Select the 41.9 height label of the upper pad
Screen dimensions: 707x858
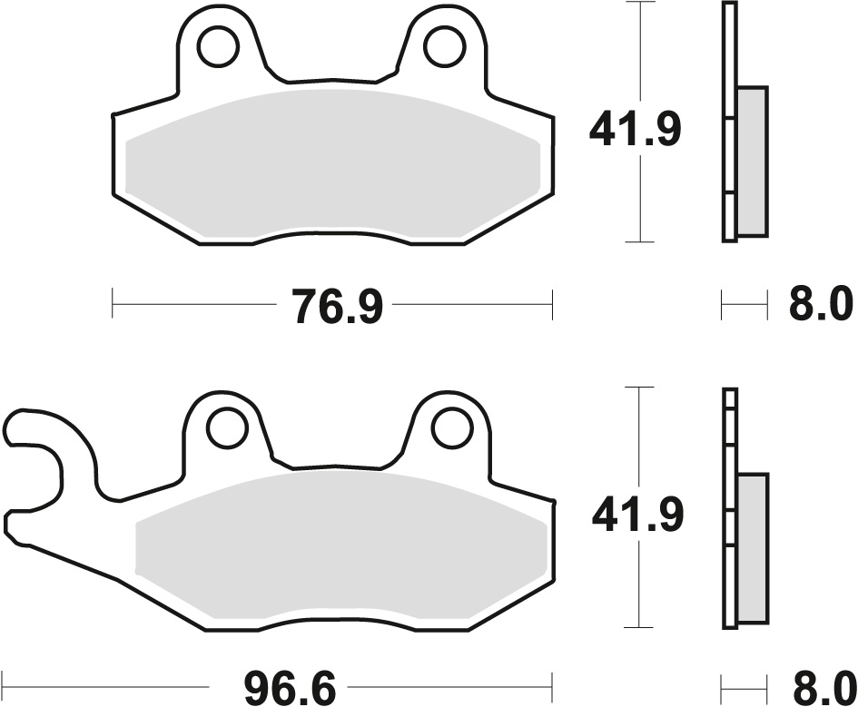click(635, 130)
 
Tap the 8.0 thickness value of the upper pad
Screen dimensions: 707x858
click(821, 305)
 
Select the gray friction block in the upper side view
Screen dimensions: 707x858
click(752, 159)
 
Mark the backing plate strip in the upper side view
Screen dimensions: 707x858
click(729, 123)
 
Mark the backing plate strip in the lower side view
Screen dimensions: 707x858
click(729, 508)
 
